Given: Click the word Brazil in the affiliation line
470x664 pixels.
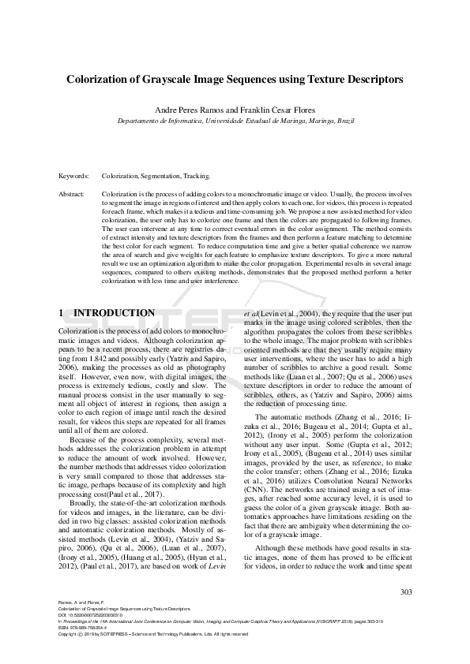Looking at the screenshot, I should [345, 122].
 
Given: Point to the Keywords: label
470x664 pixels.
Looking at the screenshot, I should [74, 177].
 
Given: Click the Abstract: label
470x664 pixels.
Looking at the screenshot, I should [73, 193].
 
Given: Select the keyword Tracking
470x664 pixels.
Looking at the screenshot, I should [196, 177].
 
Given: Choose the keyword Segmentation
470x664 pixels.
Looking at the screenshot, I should [160, 177].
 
